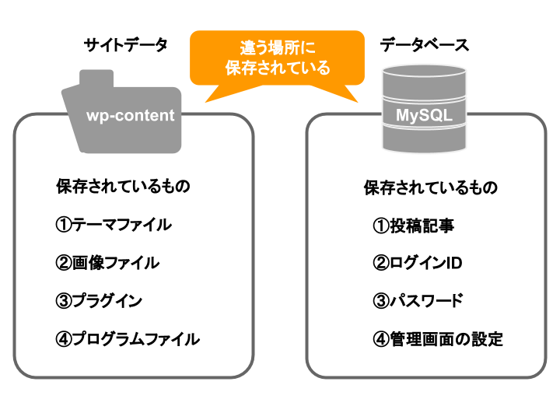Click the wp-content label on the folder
tap(131, 116)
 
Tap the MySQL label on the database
tap(424, 116)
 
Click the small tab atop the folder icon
tap(96, 79)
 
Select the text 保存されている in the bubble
tap(277, 68)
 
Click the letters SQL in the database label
tap(437, 116)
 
